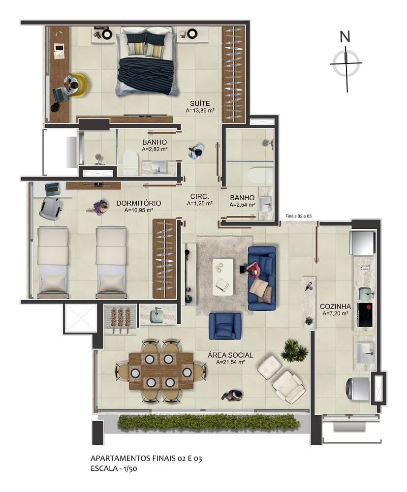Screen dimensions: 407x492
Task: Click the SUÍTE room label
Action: click(200, 103)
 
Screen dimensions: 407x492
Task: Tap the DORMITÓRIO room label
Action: click(139, 203)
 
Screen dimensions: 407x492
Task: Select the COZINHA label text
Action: click(336, 307)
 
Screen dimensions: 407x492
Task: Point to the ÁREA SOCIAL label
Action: click(230, 355)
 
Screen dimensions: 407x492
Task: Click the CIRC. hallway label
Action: click(200, 196)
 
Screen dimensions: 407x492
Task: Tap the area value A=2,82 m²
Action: click(155, 150)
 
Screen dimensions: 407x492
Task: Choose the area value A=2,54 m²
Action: click(242, 205)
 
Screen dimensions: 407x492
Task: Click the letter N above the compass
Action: click(345, 37)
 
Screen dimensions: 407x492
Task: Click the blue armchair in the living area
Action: click(225, 326)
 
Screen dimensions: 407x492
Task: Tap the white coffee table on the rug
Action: click(223, 277)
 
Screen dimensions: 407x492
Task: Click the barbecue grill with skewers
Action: click(121, 318)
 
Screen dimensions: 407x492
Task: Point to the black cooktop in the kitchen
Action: click(365, 315)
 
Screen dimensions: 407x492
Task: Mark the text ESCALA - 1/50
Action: click(114, 469)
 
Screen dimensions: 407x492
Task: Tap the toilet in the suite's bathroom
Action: click(130, 162)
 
